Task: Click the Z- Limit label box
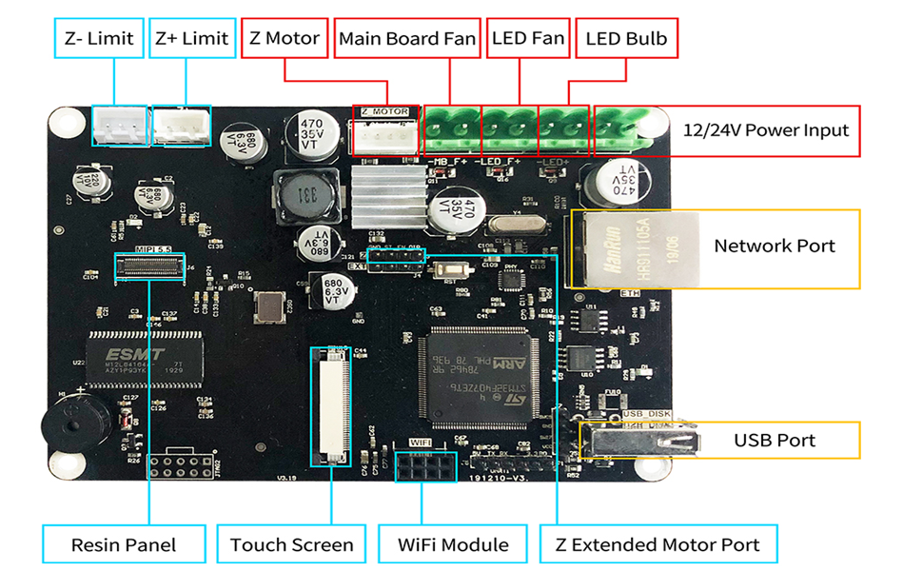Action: (x=99, y=39)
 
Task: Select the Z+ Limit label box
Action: (x=192, y=39)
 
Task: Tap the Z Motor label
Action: (x=285, y=39)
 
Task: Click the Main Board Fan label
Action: (x=407, y=39)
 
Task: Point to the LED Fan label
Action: (x=528, y=39)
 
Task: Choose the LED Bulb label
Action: (x=626, y=39)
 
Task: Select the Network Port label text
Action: (x=775, y=246)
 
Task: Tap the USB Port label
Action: (x=775, y=441)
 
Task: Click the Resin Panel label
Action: (x=124, y=544)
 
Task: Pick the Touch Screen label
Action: (x=291, y=544)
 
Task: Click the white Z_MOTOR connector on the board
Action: (x=385, y=138)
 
